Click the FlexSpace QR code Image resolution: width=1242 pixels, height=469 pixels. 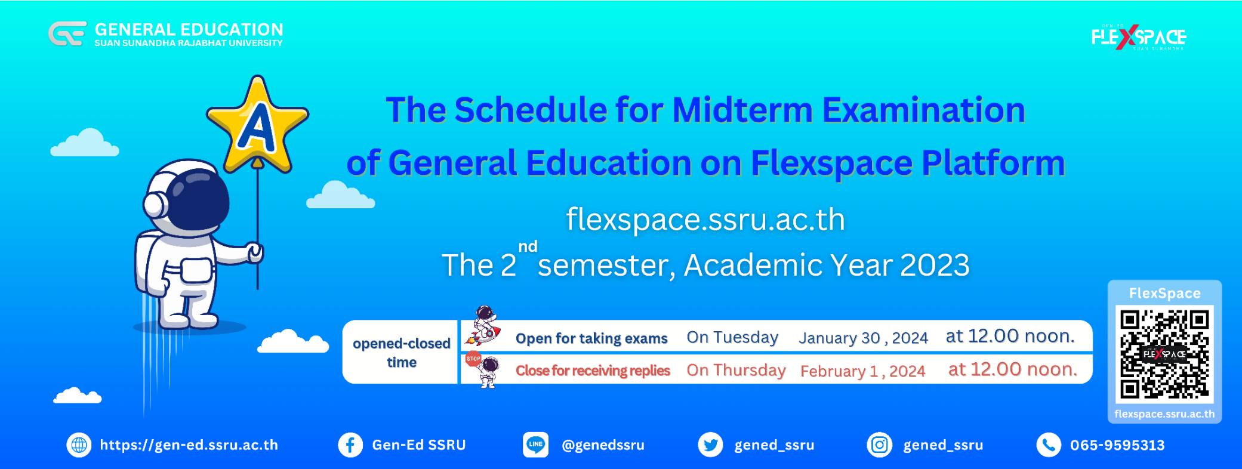(x=1164, y=354)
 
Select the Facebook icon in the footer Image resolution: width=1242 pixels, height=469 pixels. (x=350, y=445)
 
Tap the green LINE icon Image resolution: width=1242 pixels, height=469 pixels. (x=535, y=445)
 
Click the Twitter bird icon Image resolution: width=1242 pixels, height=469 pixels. (x=710, y=445)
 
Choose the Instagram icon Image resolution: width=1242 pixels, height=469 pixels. (x=879, y=445)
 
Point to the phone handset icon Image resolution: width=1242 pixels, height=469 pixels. (x=1048, y=445)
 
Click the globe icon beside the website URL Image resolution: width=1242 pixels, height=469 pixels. (x=79, y=445)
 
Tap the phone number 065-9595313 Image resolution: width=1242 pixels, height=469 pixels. (x=1117, y=445)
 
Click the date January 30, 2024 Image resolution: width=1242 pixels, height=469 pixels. (x=863, y=338)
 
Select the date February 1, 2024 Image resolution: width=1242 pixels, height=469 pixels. (x=863, y=371)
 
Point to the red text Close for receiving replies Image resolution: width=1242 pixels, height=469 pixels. (x=593, y=371)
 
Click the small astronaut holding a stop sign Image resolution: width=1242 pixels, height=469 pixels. (x=483, y=370)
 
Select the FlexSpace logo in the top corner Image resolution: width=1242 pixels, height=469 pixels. (x=1139, y=38)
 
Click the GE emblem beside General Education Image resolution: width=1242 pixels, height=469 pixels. (x=67, y=33)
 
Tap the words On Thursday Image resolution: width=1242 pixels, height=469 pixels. (x=736, y=370)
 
